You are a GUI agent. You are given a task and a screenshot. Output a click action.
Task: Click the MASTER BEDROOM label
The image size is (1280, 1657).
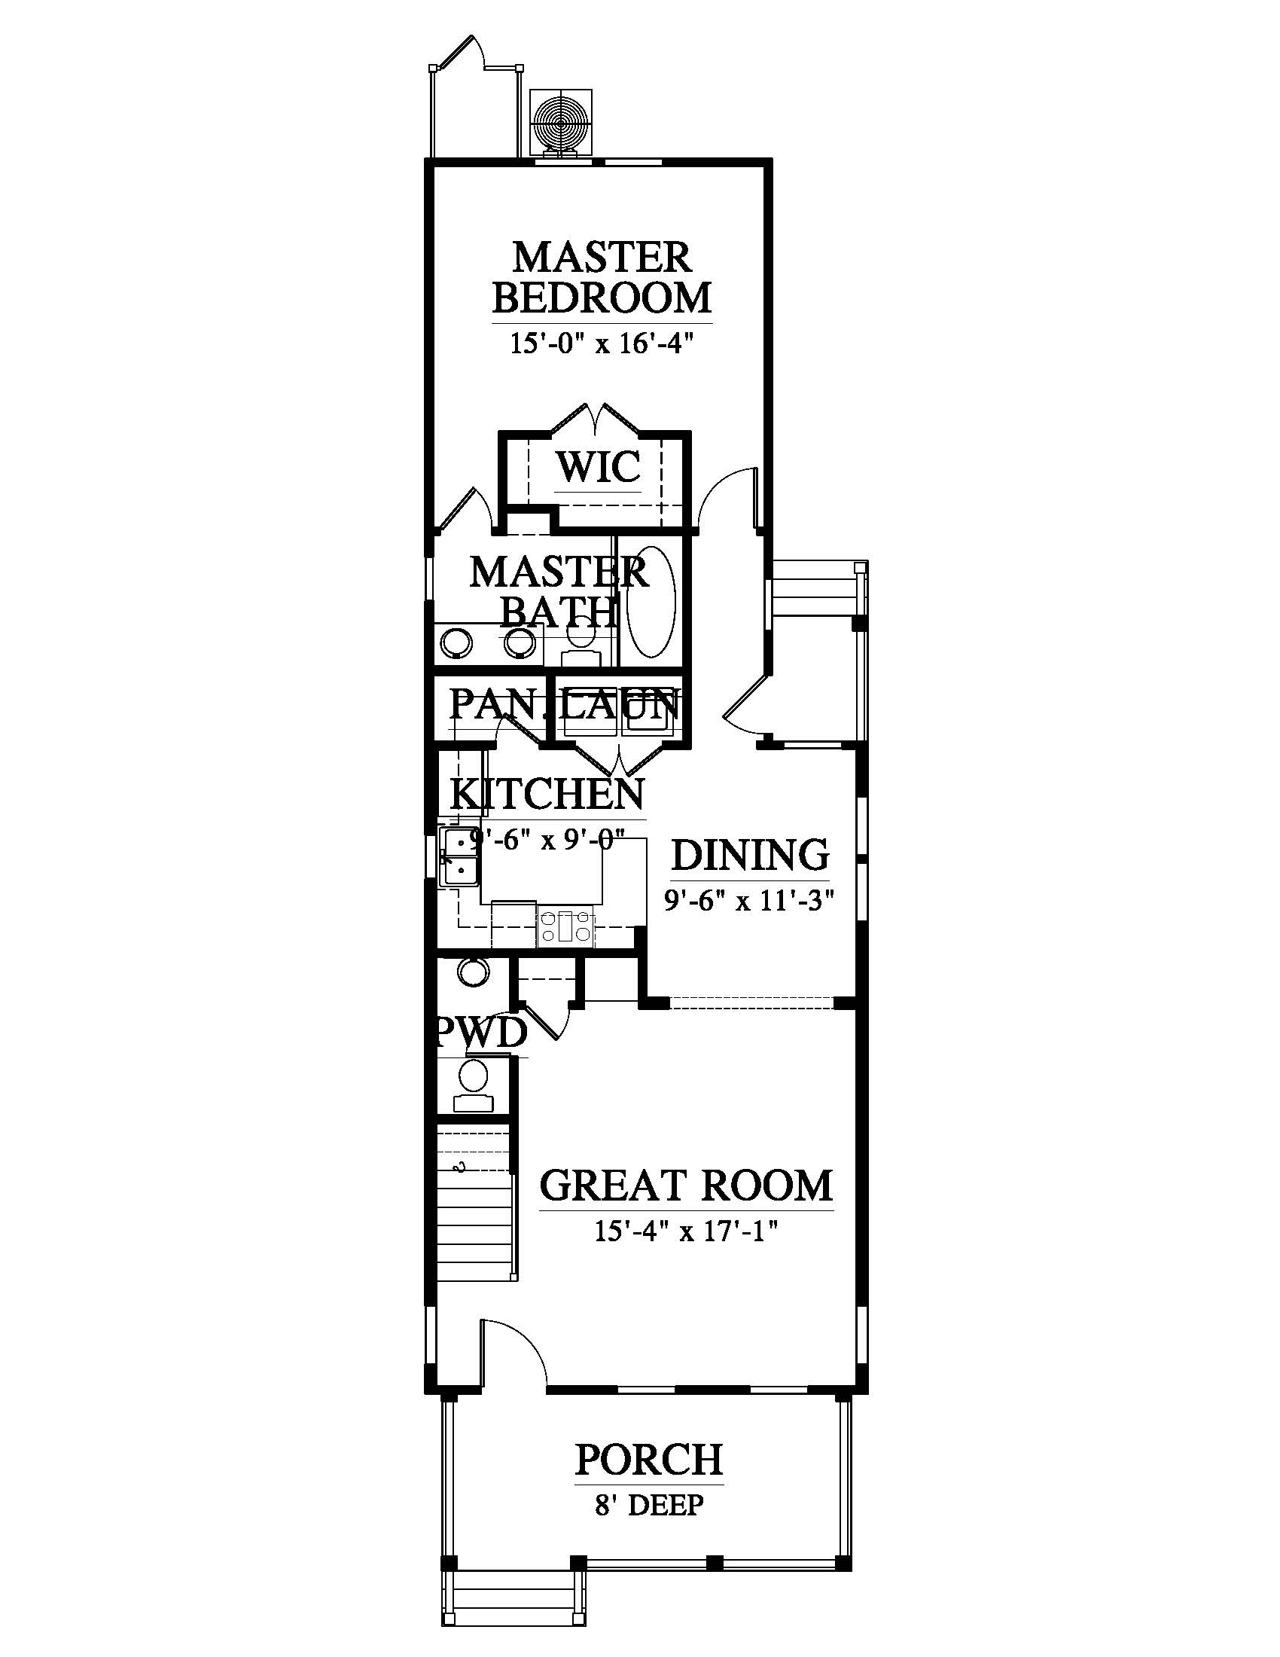coord(602,278)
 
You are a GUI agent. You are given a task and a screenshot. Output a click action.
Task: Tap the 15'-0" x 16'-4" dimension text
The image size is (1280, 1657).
coord(602,343)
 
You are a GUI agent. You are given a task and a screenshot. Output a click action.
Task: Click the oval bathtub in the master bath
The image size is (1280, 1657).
coord(650,602)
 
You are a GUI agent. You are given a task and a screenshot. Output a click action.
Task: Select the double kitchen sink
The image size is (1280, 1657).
coord(459,856)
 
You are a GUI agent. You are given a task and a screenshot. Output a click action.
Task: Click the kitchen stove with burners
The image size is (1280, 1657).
coord(565,926)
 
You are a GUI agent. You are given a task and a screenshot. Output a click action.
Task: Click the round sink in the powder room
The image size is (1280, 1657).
coord(474,972)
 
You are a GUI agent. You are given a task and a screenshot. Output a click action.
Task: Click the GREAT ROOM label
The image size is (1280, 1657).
coord(686,1186)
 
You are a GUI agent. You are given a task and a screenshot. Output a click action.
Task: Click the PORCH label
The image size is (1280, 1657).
coord(649,1459)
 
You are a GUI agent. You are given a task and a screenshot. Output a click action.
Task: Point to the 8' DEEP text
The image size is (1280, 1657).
coord(649,1505)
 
